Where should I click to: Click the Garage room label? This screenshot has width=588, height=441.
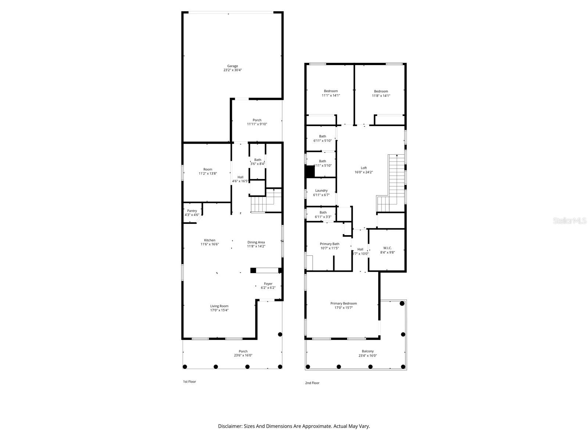232,66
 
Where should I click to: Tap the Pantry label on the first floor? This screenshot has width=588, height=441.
192,211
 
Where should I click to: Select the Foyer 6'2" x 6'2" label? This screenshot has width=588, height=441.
268,286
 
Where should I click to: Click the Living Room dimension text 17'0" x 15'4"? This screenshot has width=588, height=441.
219,310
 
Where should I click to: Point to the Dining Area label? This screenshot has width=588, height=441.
256,242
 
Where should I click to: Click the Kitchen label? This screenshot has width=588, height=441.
210,240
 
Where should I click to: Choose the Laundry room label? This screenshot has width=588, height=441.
321,190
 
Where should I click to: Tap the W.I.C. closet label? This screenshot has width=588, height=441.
387,248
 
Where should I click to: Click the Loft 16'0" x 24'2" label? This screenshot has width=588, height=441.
363,170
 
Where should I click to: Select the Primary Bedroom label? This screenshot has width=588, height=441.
343,304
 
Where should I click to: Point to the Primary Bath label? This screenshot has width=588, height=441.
330,244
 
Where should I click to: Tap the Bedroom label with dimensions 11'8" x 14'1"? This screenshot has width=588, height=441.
381,92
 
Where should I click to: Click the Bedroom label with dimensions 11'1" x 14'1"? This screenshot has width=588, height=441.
331,91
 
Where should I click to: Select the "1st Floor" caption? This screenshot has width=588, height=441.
190,381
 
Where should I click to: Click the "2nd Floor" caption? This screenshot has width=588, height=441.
312,383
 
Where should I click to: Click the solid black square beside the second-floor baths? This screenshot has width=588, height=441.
310,172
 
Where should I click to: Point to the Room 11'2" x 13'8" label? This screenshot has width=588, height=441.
208,169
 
